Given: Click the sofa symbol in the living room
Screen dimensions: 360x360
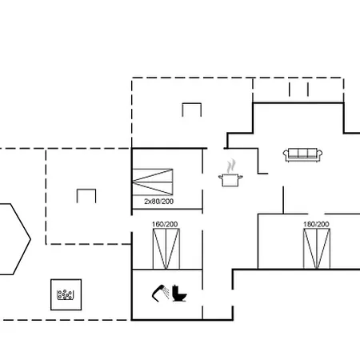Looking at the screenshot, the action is tap(302, 155).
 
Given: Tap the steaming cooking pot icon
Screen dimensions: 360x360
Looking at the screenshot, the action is tap(230, 174).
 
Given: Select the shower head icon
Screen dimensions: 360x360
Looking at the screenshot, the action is tap(161, 293).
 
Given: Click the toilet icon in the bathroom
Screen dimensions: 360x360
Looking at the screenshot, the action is tap(179, 294).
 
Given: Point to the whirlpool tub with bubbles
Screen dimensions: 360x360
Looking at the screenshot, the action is tap(66, 294).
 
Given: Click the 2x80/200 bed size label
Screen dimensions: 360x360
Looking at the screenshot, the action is tap(159, 202).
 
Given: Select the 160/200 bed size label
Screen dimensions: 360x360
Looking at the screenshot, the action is tap(165, 224).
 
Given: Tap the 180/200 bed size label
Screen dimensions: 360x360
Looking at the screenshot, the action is tap(316, 224).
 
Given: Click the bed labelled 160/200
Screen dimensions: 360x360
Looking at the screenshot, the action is tap(166, 249).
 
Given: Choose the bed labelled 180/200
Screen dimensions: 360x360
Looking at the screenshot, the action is tap(317, 249).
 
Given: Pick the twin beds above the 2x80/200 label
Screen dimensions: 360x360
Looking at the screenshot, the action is tap(153, 182).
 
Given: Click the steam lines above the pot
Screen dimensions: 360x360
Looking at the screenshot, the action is tap(231, 166).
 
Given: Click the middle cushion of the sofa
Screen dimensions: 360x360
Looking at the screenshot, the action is tap(302, 154).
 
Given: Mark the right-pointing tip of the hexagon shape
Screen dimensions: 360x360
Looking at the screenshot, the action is tap(30, 239).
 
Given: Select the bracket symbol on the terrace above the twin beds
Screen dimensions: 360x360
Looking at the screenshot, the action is tap(192, 105).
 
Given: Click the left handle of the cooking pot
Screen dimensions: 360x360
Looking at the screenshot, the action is tap(221, 177).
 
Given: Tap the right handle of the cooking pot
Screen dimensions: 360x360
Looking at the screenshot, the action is tap(240, 177).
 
